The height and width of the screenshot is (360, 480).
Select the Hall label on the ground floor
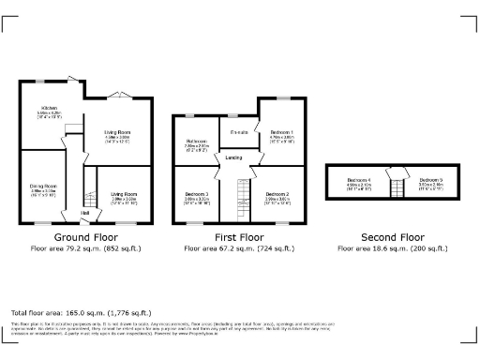(x=85, y=214)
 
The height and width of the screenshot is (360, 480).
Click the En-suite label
(x=238, y=132)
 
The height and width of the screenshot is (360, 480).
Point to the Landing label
(x=233, y=157)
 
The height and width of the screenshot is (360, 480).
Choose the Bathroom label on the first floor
(x=196, y=142)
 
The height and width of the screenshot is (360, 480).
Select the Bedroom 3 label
(x=196, y=194)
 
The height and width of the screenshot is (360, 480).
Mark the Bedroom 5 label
(x=430, y=180)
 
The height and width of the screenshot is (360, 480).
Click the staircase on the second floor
(x=396, y=180)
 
